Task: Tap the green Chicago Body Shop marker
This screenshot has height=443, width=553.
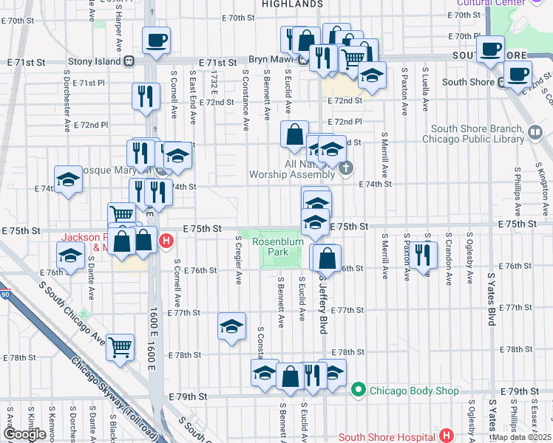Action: click(x=359, y=389)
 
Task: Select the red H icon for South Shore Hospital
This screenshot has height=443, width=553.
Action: click(x=445, y=436)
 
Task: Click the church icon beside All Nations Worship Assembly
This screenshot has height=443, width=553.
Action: click(x=345, y=170)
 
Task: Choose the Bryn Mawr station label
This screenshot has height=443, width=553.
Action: click(x=271, y=58)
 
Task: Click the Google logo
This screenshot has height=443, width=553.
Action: click(x=24, y=433)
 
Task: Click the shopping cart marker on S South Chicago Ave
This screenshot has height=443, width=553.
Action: click(x=120, y=346)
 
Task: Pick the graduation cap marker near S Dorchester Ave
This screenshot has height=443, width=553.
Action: click(x=68, y=180)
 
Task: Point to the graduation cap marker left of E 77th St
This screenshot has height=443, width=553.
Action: click(x=231, y=327)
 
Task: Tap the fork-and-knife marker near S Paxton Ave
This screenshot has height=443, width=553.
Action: click(x=422, y=255)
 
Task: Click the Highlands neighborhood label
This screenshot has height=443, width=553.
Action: click(x=292, y=4)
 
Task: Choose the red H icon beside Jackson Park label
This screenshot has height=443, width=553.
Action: click(x=167, y=240)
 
